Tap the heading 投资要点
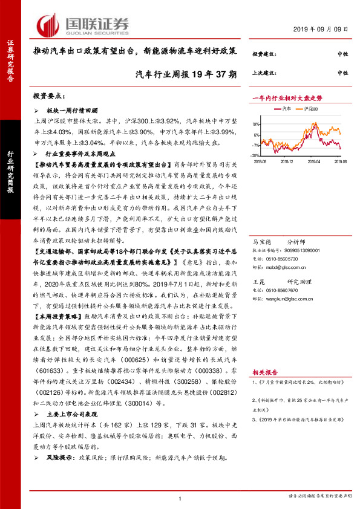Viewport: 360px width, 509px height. coord(49,96)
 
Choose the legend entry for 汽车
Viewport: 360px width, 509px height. coord(283,109)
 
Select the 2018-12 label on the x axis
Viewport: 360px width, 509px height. coord(287,161)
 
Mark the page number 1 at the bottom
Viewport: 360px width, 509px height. coord(180,497)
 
